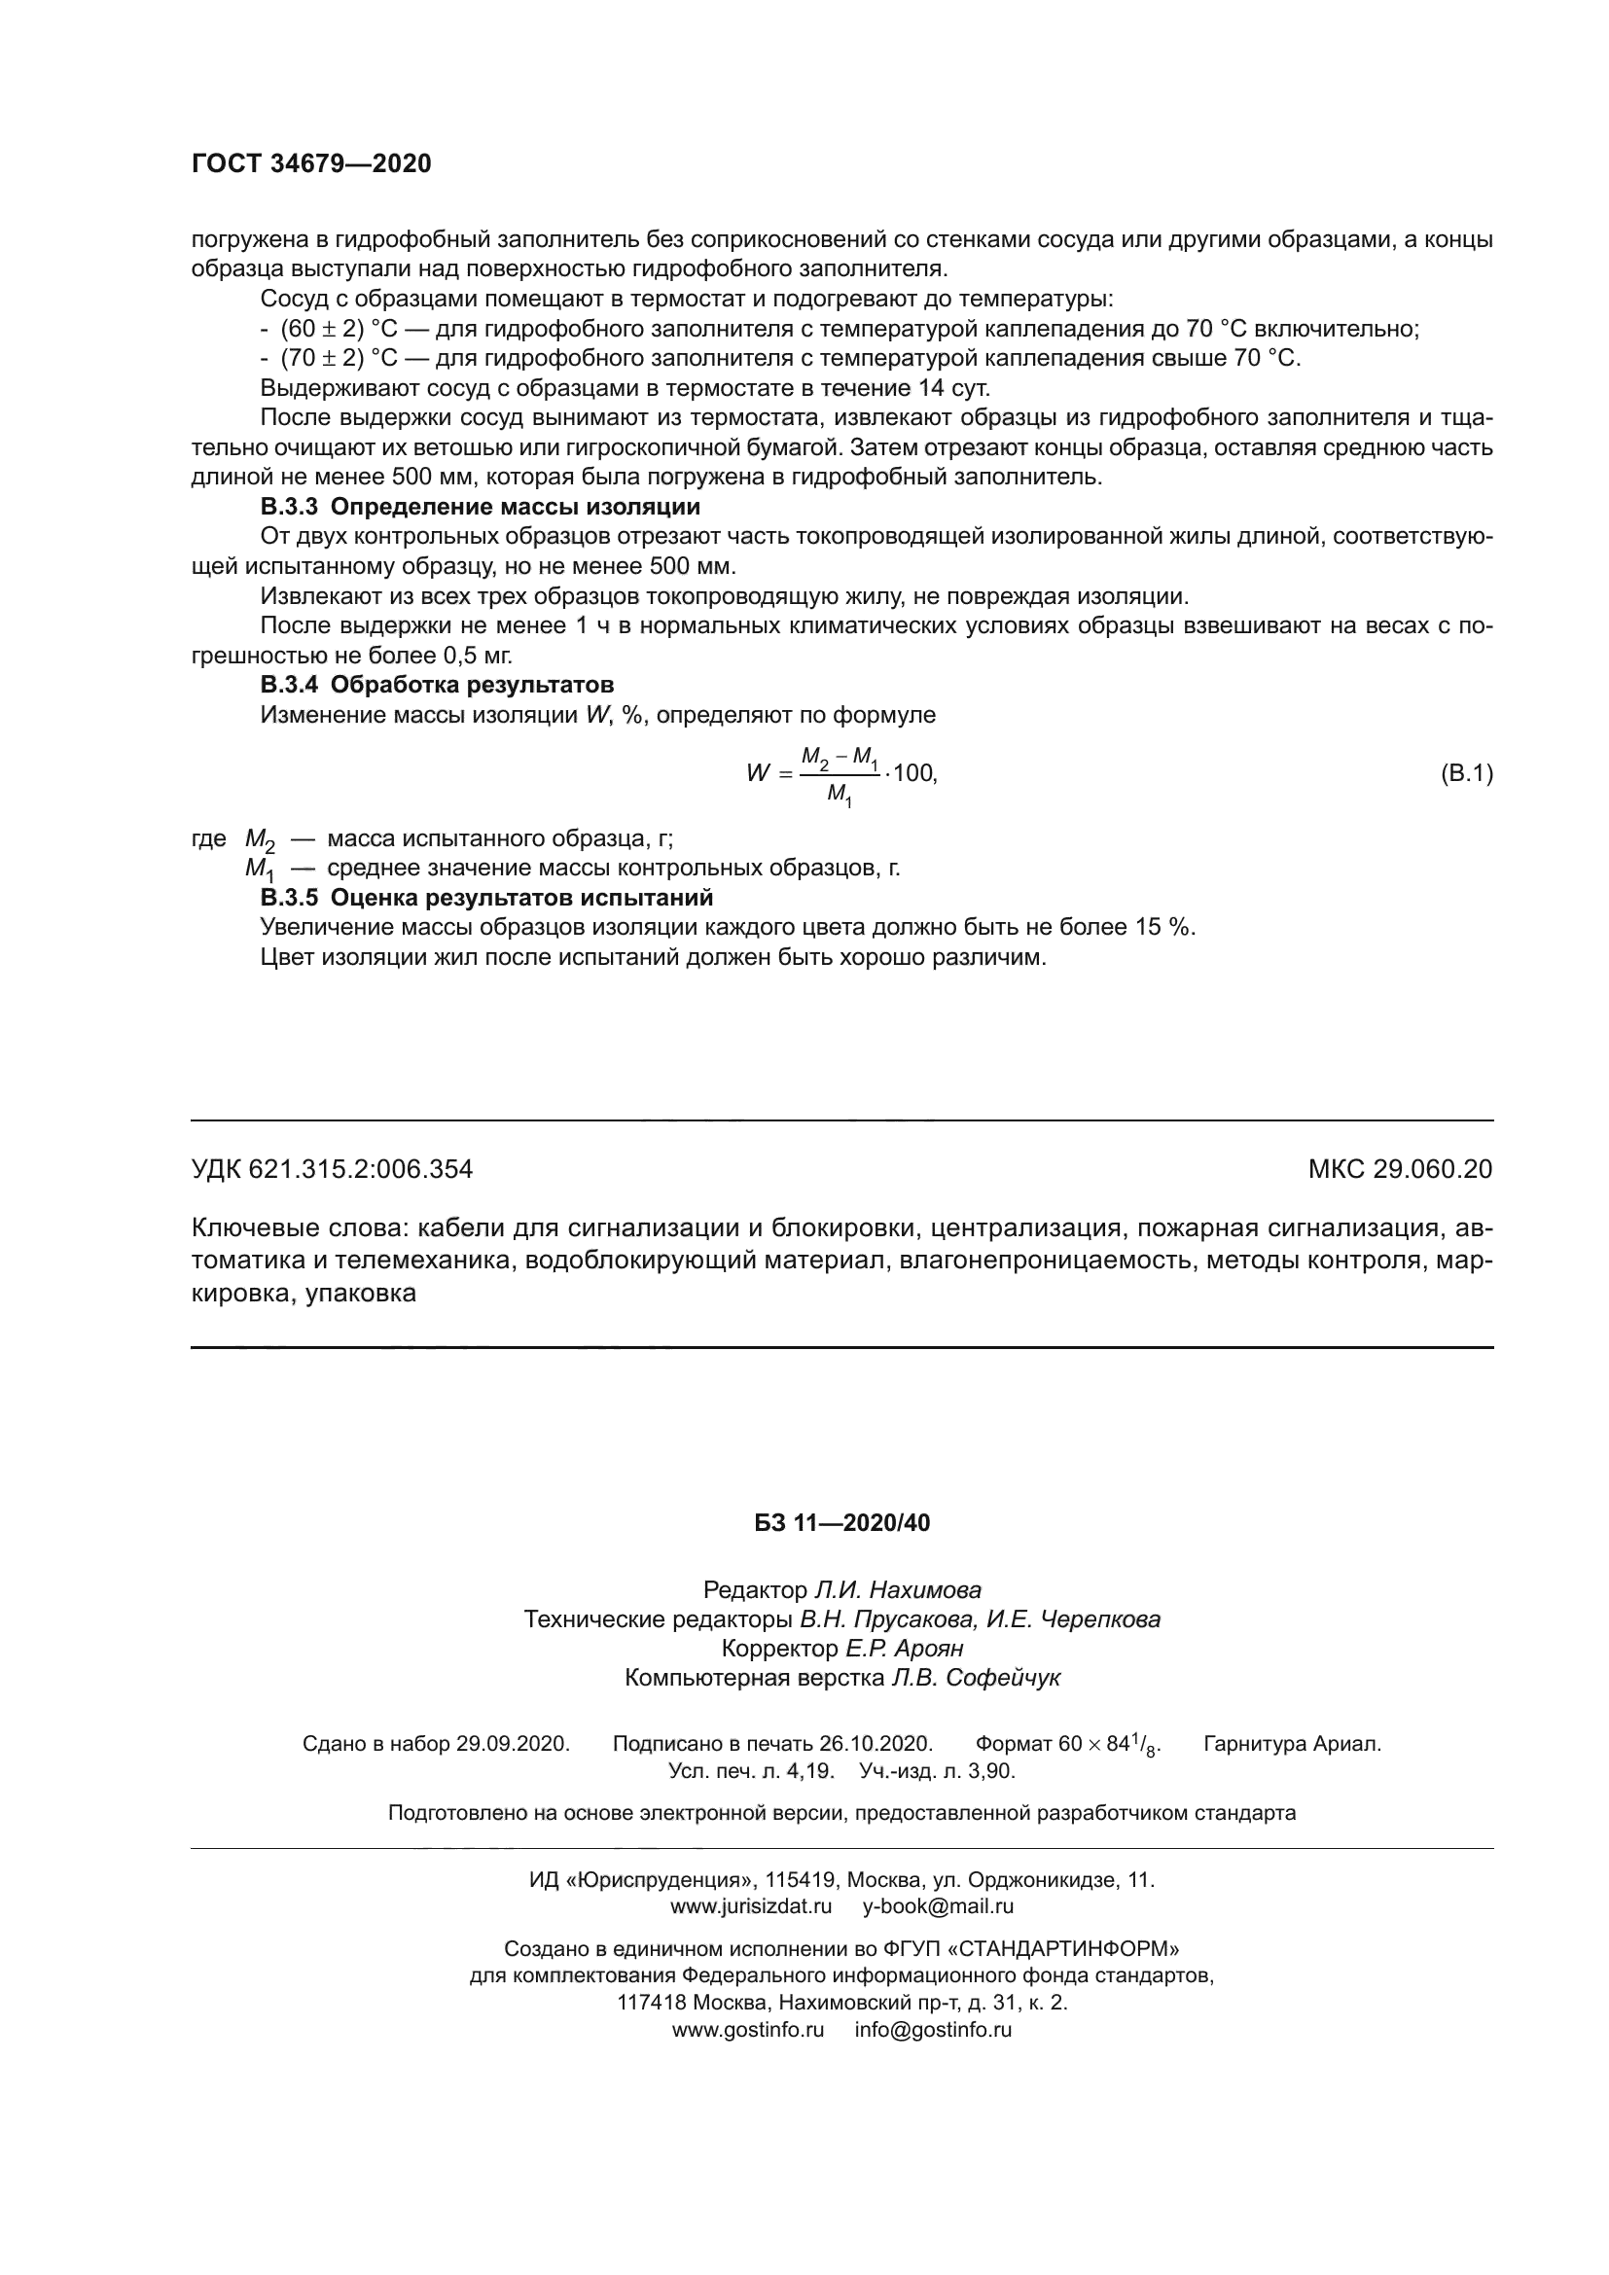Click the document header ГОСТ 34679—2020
click(x=311, y=164)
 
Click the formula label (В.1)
click(x=1465, y=773)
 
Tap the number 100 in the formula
click(x=913, y=773)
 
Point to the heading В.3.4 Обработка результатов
click(x=437, y=685)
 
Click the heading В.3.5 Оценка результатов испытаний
click(x=486, y=898)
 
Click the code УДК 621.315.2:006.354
click(x=332, y=1170)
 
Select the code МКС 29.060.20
click(x=1400, y=1170)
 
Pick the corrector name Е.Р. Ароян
click(x=904, y=1649)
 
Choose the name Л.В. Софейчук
click(x=976, y=1678)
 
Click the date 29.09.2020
click(x=513, y=1744)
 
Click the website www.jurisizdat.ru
click(x=751, y=1905)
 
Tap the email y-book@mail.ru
click(x=938, y=1905)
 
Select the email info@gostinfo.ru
click(x=933, y=2029)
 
